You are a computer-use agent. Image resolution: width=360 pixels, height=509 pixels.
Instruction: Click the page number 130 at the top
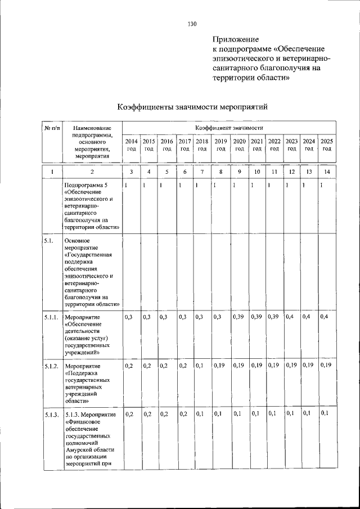coord(192,24)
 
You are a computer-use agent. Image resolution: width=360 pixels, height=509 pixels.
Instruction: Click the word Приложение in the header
coord(236,39)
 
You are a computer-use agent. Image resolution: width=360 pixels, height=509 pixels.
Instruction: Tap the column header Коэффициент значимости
coord(229,129)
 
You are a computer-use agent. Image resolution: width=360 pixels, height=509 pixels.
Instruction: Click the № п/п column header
coord(51,129)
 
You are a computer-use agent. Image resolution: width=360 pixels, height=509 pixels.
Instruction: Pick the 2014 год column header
coord(130,145)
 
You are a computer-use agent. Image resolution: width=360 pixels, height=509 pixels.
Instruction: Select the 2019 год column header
coord(221,145)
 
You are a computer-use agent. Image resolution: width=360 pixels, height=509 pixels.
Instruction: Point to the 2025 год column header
coord(327,145)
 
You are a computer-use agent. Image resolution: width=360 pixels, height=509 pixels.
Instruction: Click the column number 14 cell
coord(327,171)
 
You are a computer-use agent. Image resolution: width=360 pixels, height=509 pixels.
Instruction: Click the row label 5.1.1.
coord(51,318)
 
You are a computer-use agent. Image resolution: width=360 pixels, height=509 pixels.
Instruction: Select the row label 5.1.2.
coord(51,366)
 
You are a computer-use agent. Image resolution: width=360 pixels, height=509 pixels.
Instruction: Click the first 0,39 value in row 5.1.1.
coord(239,317)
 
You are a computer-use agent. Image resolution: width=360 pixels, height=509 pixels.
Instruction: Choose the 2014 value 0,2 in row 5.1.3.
coord(129,414)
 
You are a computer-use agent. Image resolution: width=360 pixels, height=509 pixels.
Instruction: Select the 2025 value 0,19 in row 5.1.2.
coord(326,366)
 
